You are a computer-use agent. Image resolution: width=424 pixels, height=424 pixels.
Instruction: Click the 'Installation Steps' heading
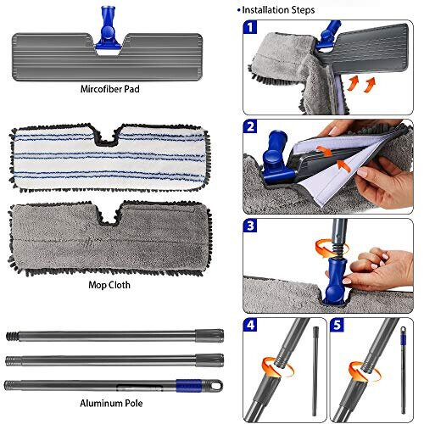279,10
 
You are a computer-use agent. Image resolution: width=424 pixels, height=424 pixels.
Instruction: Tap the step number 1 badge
251,28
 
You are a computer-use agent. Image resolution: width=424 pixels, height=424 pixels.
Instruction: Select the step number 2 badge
251,126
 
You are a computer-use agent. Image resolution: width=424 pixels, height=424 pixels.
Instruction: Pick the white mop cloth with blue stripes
105,162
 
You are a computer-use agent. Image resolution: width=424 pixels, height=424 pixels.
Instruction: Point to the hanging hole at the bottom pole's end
217,384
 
